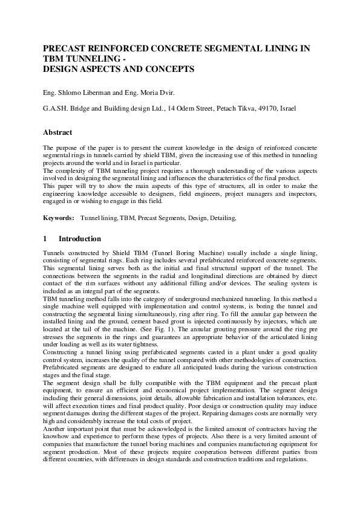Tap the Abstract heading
pos(57,132)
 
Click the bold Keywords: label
pos(59,217)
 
